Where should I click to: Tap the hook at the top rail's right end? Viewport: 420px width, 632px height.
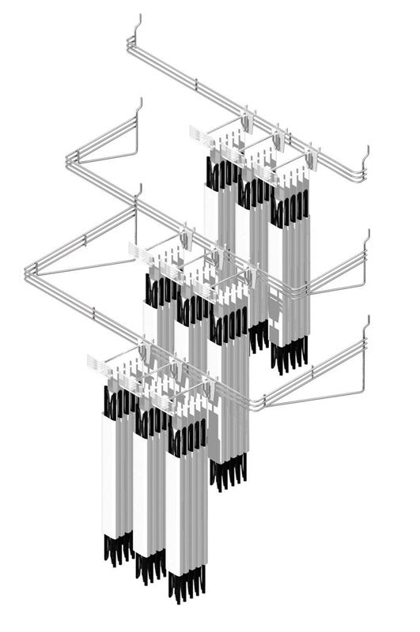click(366, 153)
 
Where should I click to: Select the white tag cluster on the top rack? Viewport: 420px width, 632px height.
click(201, 134)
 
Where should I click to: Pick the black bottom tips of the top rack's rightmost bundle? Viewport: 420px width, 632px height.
click(289, 355)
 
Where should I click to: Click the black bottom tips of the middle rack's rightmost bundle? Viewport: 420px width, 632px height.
click(229, 472)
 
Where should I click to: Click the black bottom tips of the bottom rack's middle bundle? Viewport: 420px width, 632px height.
click(149, 564)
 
